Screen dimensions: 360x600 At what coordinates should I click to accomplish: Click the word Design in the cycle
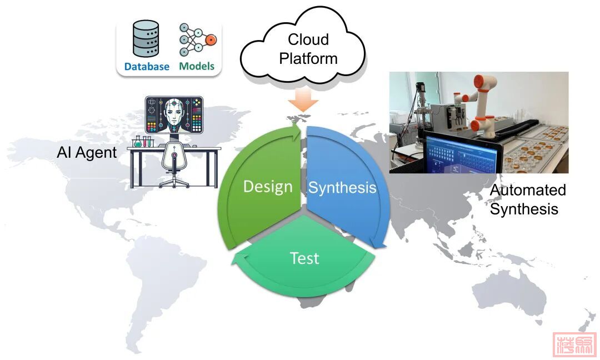267,187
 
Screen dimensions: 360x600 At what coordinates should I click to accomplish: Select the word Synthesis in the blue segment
342,188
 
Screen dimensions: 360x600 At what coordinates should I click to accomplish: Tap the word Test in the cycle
304,258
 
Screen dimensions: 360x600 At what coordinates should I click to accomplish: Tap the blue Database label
147,67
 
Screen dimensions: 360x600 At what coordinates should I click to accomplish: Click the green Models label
197,67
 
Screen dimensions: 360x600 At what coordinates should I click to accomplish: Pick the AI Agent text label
87,153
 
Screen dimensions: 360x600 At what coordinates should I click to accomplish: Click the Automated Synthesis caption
527,199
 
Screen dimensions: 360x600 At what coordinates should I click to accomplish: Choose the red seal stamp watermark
574,344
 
